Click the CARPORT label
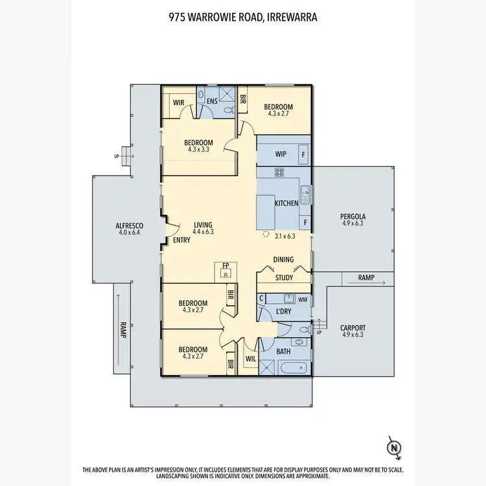tap(353, 328)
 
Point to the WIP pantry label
tap(281, 154)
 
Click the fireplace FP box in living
tap(226, 270)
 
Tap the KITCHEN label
tap(286, 203)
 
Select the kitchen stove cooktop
tap(280, 172)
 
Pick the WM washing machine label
tap(302, 299)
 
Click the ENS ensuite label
tap(212, 102)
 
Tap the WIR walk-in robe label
tap(179, 103)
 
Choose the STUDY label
tap(284, 277)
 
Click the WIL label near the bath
tap(251, 358)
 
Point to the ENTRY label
tap(181, 240)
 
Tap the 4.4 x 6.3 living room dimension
tap(203, 232)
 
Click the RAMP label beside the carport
tap(366, 277)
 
